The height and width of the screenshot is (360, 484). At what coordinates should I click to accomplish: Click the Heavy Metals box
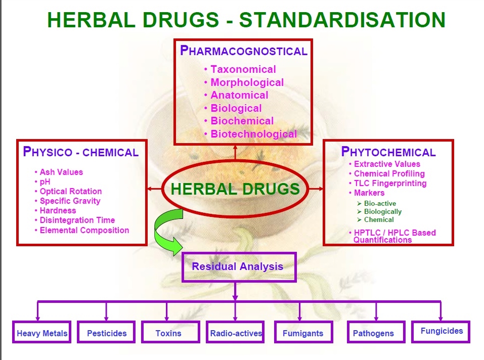tap(41, 332)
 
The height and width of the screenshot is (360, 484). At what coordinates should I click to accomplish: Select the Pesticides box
tap(106, 332)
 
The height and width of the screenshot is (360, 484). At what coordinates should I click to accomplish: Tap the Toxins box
tap(171, 332)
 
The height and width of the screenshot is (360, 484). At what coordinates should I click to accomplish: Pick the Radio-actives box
tap(235, 332)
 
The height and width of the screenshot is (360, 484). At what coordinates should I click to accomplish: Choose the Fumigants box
tap(303, 332)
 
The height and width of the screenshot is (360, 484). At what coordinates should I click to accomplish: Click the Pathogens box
tap(376, 332)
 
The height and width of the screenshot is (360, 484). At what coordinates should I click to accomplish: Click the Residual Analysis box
tap(239, 267)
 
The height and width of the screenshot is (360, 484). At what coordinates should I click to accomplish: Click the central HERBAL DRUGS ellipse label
tap(235, 189)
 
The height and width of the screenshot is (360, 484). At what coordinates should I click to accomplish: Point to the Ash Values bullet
tap(59, 172)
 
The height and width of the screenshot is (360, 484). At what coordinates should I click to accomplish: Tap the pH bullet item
tap(42, 182)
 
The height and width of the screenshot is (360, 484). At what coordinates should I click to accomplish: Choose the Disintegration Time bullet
tap(75, 220)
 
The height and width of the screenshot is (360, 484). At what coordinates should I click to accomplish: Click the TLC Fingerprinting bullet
tap(388, 183)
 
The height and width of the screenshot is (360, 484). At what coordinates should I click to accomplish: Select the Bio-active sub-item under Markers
tap(377, 204)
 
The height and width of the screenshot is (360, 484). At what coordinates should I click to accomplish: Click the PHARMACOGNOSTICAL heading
tap(244, 51)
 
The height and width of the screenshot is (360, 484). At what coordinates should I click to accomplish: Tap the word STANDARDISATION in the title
tap(342, 20)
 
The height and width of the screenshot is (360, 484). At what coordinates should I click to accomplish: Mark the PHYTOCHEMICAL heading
tap(388, 152)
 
